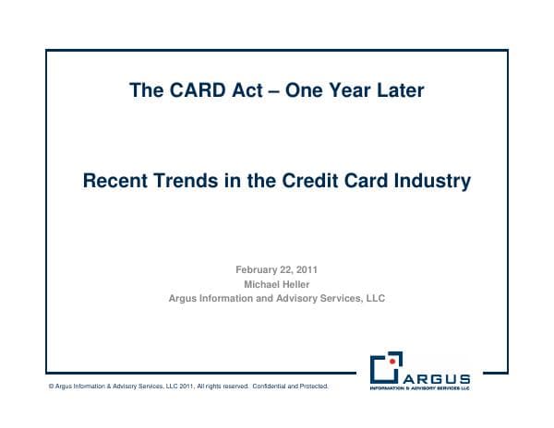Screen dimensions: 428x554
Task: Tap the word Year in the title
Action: (346, 90)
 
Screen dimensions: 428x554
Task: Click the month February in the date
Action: (258, 269)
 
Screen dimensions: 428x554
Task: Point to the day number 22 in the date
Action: (289, 269)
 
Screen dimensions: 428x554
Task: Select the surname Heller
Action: (297, 284)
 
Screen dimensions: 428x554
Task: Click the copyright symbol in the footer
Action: (51, 386)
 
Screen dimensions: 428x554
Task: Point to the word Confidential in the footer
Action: (269, 386)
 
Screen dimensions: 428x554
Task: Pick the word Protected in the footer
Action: (312, 386)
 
